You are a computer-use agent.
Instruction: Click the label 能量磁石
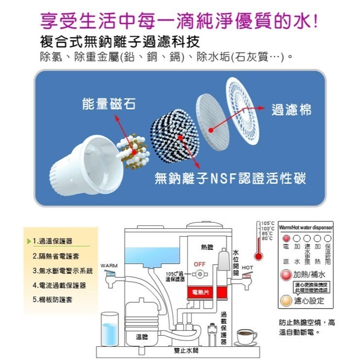pos(109,104)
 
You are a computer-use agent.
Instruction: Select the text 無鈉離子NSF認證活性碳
pos(230,178)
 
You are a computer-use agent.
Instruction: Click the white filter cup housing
pos(92,160)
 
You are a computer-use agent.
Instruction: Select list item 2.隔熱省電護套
pos(56,256)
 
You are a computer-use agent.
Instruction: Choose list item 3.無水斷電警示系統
pos(62,271)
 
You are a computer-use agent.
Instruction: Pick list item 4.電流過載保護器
pos(59,285)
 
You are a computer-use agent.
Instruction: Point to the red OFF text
pos(199,264)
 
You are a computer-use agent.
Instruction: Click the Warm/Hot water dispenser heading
pos(306,227)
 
